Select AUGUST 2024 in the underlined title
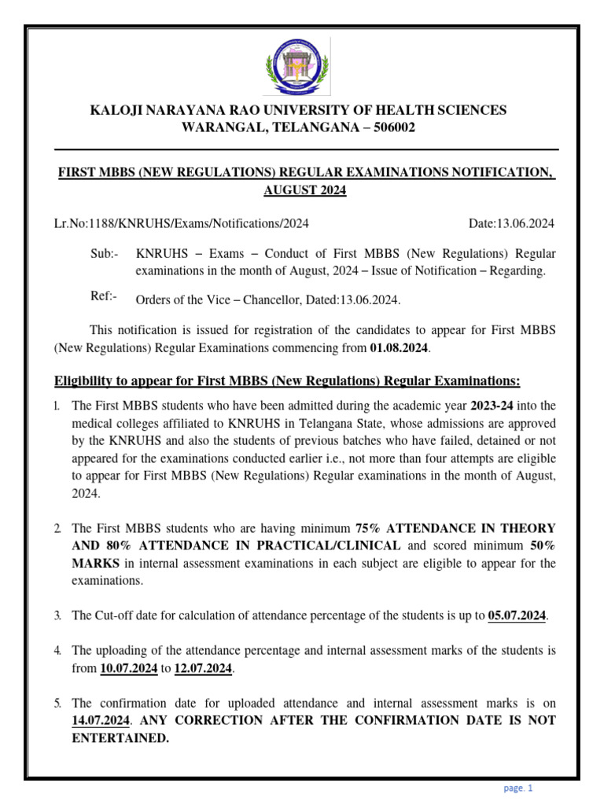304,190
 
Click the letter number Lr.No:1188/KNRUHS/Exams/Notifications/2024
181,224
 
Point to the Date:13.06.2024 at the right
511,224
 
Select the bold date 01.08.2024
400,347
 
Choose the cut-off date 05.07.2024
517,616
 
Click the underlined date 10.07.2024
129,668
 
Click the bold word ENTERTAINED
120,738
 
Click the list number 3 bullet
57,616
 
